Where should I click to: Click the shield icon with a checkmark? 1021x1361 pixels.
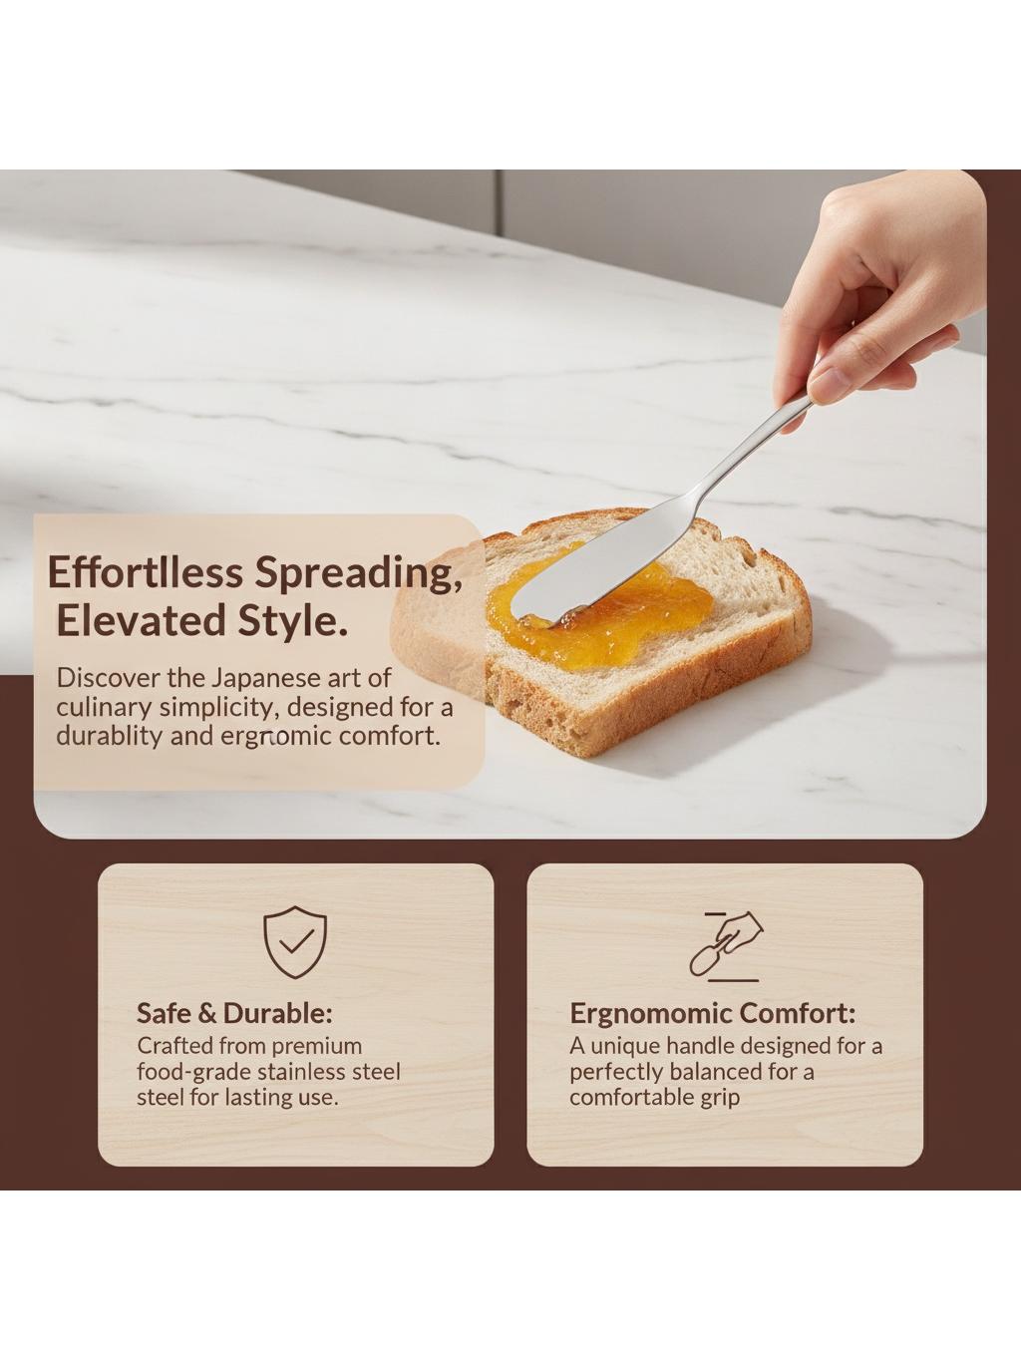(295, 942)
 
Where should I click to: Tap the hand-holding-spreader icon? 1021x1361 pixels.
(727, 946)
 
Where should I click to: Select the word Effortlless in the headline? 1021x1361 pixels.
(145, 572)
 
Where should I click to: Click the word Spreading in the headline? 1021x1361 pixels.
(359, 574)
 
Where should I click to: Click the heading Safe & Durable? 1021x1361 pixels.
(235, 1014)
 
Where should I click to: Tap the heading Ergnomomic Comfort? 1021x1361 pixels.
(712, 1014)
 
